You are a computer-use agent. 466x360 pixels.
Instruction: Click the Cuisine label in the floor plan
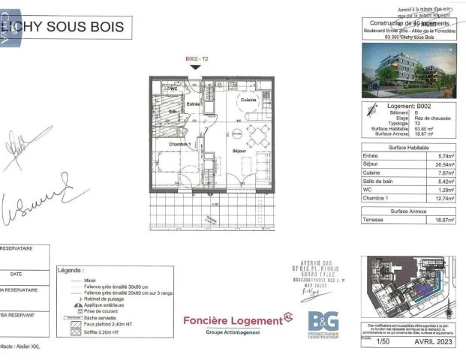(x=248, y=100)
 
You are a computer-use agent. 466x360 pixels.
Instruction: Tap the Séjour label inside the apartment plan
(x=239, y=151)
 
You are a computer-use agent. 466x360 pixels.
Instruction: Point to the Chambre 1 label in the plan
(x=179, y=143)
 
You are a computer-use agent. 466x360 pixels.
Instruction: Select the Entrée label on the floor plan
(x=193, y=104)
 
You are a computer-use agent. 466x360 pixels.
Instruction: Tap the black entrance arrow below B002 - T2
(x=195, y=67)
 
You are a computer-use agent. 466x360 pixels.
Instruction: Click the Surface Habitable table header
(x=407, y=148)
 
